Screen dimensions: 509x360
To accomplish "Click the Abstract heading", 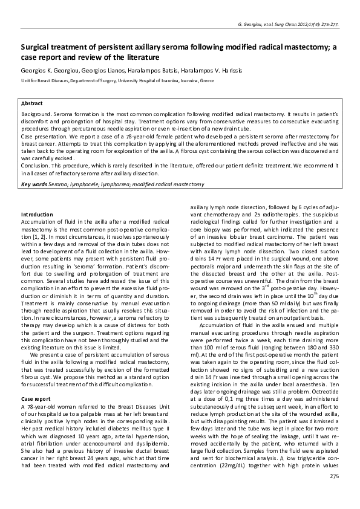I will point(32,103).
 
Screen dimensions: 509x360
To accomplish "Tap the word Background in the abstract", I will point(36,114).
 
